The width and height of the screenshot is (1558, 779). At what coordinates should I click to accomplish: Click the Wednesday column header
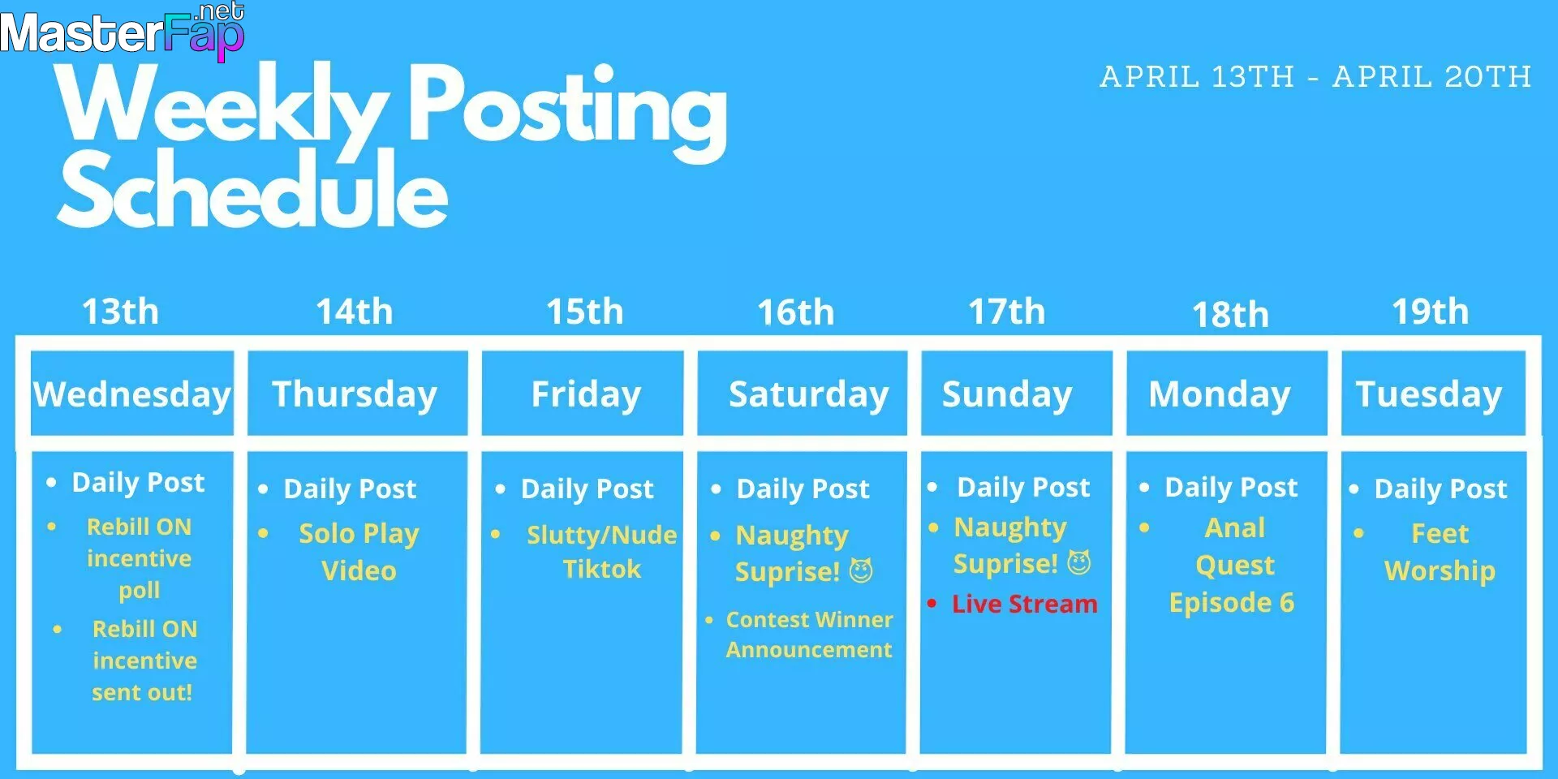pyautogui.click(x=132, y=394)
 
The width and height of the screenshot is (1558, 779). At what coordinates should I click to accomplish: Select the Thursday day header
pyautogui.click(x=357, y=394)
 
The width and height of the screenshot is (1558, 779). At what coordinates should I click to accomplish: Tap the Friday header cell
pyautogui.click(x=583, y=394)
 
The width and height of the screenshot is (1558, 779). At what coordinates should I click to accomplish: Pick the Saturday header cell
pyautogui.click(x=802, y=394)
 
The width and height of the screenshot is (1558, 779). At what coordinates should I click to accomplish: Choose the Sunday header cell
pyautogui.click(x=1016, y=394)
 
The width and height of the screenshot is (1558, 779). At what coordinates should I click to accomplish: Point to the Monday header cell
pyautogui.click(x=1226, y=394)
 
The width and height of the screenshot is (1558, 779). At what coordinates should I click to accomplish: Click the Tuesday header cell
pyautogui.click(x=1433, y=394)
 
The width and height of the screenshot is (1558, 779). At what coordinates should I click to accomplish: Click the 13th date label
pyautogui.click(x=121, y=312)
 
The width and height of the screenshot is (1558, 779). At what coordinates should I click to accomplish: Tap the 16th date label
pyautogui.click(x=796, y=312)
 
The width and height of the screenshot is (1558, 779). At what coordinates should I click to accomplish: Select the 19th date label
pyautogui.click(x=1431, y=312)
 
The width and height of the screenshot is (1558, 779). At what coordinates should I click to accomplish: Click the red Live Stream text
pyautogui.click(x=1025, y=604)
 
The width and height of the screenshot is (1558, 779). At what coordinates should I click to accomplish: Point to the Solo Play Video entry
pyautogui.click(x=359, y=552)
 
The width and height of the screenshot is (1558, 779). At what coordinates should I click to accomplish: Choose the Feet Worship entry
pyautogui.click(x=1440, y=552)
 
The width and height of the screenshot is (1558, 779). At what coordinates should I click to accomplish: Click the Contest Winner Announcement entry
pyautogui.click(x=809, y=635)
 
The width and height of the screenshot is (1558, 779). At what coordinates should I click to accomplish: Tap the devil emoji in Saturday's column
pyautogui.click(x=861, y=570)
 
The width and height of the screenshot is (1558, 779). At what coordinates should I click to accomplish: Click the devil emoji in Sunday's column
pyautogui.click(x=1078, y=562)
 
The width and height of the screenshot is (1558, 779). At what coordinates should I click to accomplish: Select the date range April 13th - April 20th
pyautogui.click(x=1315, y=77)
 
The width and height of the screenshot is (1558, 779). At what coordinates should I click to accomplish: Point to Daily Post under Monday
pyautogui.click(x=1231, y=487)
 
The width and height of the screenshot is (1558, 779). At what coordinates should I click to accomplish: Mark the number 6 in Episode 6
pyautogui.click(x=1286, y=602)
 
